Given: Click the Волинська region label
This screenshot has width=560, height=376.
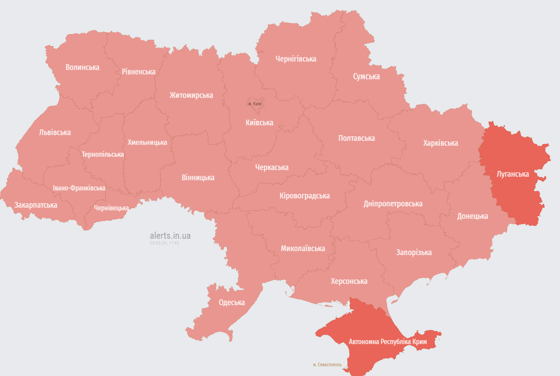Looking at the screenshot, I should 82,67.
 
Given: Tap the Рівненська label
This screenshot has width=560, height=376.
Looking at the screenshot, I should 139,72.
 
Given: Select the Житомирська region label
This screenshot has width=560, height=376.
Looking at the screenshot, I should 191,95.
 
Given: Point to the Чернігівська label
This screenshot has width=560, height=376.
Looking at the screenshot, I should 296,59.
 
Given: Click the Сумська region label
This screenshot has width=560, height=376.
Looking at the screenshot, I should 366,77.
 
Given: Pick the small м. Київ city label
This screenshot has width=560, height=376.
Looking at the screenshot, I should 255,104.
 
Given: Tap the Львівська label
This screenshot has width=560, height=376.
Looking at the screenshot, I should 55,132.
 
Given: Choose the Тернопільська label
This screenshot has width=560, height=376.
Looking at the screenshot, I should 103,155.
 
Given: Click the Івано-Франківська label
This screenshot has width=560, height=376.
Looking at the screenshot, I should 79,188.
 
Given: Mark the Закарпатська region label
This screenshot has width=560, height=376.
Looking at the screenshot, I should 36,205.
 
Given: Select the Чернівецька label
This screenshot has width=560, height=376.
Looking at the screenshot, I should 112,208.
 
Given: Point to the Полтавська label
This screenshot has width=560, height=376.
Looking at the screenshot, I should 356,138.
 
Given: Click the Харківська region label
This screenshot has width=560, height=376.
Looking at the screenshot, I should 440,143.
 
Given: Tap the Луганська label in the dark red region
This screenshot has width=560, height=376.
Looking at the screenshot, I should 513,174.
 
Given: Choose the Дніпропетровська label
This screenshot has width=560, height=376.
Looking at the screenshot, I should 393,204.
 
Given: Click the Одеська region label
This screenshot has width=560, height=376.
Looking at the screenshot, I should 232,303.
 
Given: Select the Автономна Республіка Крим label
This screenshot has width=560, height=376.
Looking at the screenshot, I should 388,342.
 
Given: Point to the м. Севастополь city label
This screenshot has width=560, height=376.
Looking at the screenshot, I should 327,365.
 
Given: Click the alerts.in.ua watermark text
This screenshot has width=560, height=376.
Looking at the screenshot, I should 170,236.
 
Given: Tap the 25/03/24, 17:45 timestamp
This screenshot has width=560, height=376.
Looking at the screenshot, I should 164,243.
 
